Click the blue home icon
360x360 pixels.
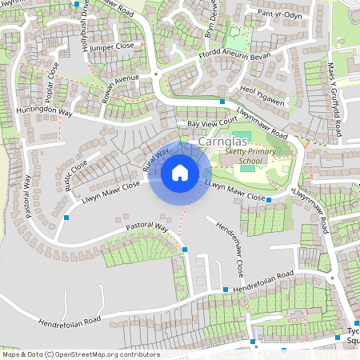click(x=179, y=172)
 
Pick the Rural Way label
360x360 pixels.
click(x=156, y=159)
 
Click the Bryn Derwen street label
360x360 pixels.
click(x=213, y=20)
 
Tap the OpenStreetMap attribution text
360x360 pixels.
click(x=80, y=354)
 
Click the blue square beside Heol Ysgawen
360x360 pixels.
click(x=222, y=101)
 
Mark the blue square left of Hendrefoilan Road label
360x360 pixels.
click(x=226, y=290)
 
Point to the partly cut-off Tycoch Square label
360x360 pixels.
click(x=352, y=336)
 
